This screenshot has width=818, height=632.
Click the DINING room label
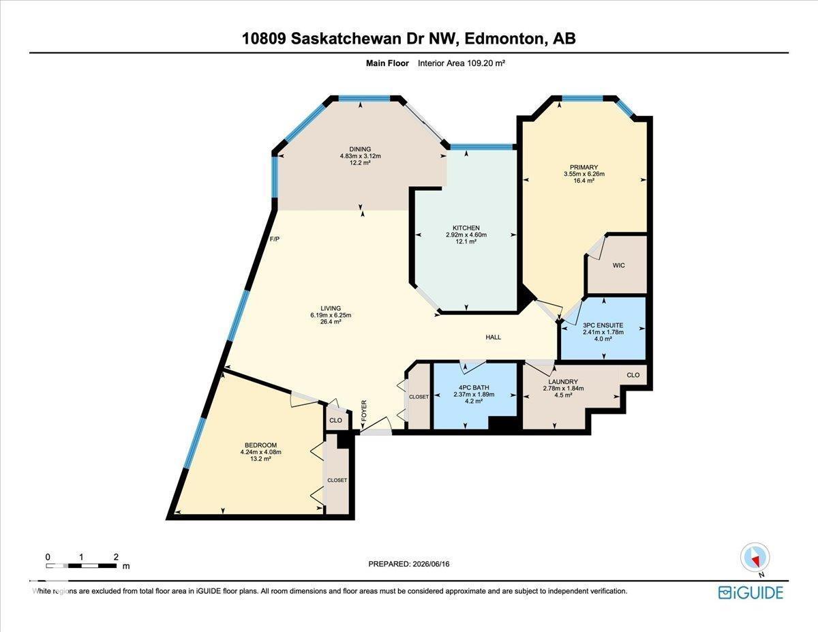tap(360, 149)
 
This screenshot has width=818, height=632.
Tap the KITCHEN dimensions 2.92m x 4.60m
tap(466, 235)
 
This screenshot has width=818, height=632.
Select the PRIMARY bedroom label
tap(584, 167)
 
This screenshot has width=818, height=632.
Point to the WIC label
tap(618, 265)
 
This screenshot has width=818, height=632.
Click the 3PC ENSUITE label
tap(603, 325)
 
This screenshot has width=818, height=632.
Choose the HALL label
tap(493, 337)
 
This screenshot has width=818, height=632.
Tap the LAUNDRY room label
tap(563, 382)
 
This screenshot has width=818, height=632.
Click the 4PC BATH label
tap(474, 388)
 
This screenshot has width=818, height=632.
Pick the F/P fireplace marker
tap(275, 239)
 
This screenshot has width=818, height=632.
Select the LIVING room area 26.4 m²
tap(331, 322)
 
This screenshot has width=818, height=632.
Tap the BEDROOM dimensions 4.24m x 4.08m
tap(261, 452)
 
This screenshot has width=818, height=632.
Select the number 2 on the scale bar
tap(116, 557)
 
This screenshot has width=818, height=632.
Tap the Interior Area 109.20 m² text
tap(461, 63)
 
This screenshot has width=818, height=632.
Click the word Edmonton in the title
tap(505, 39)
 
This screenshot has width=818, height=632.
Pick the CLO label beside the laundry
tap(633, 375)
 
